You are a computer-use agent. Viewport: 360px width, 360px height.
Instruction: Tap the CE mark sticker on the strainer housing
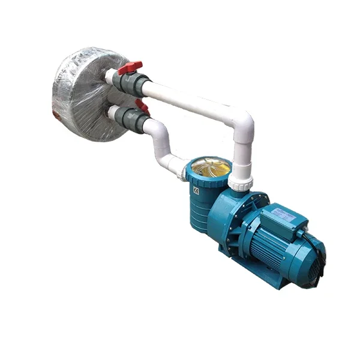pos(195,189)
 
